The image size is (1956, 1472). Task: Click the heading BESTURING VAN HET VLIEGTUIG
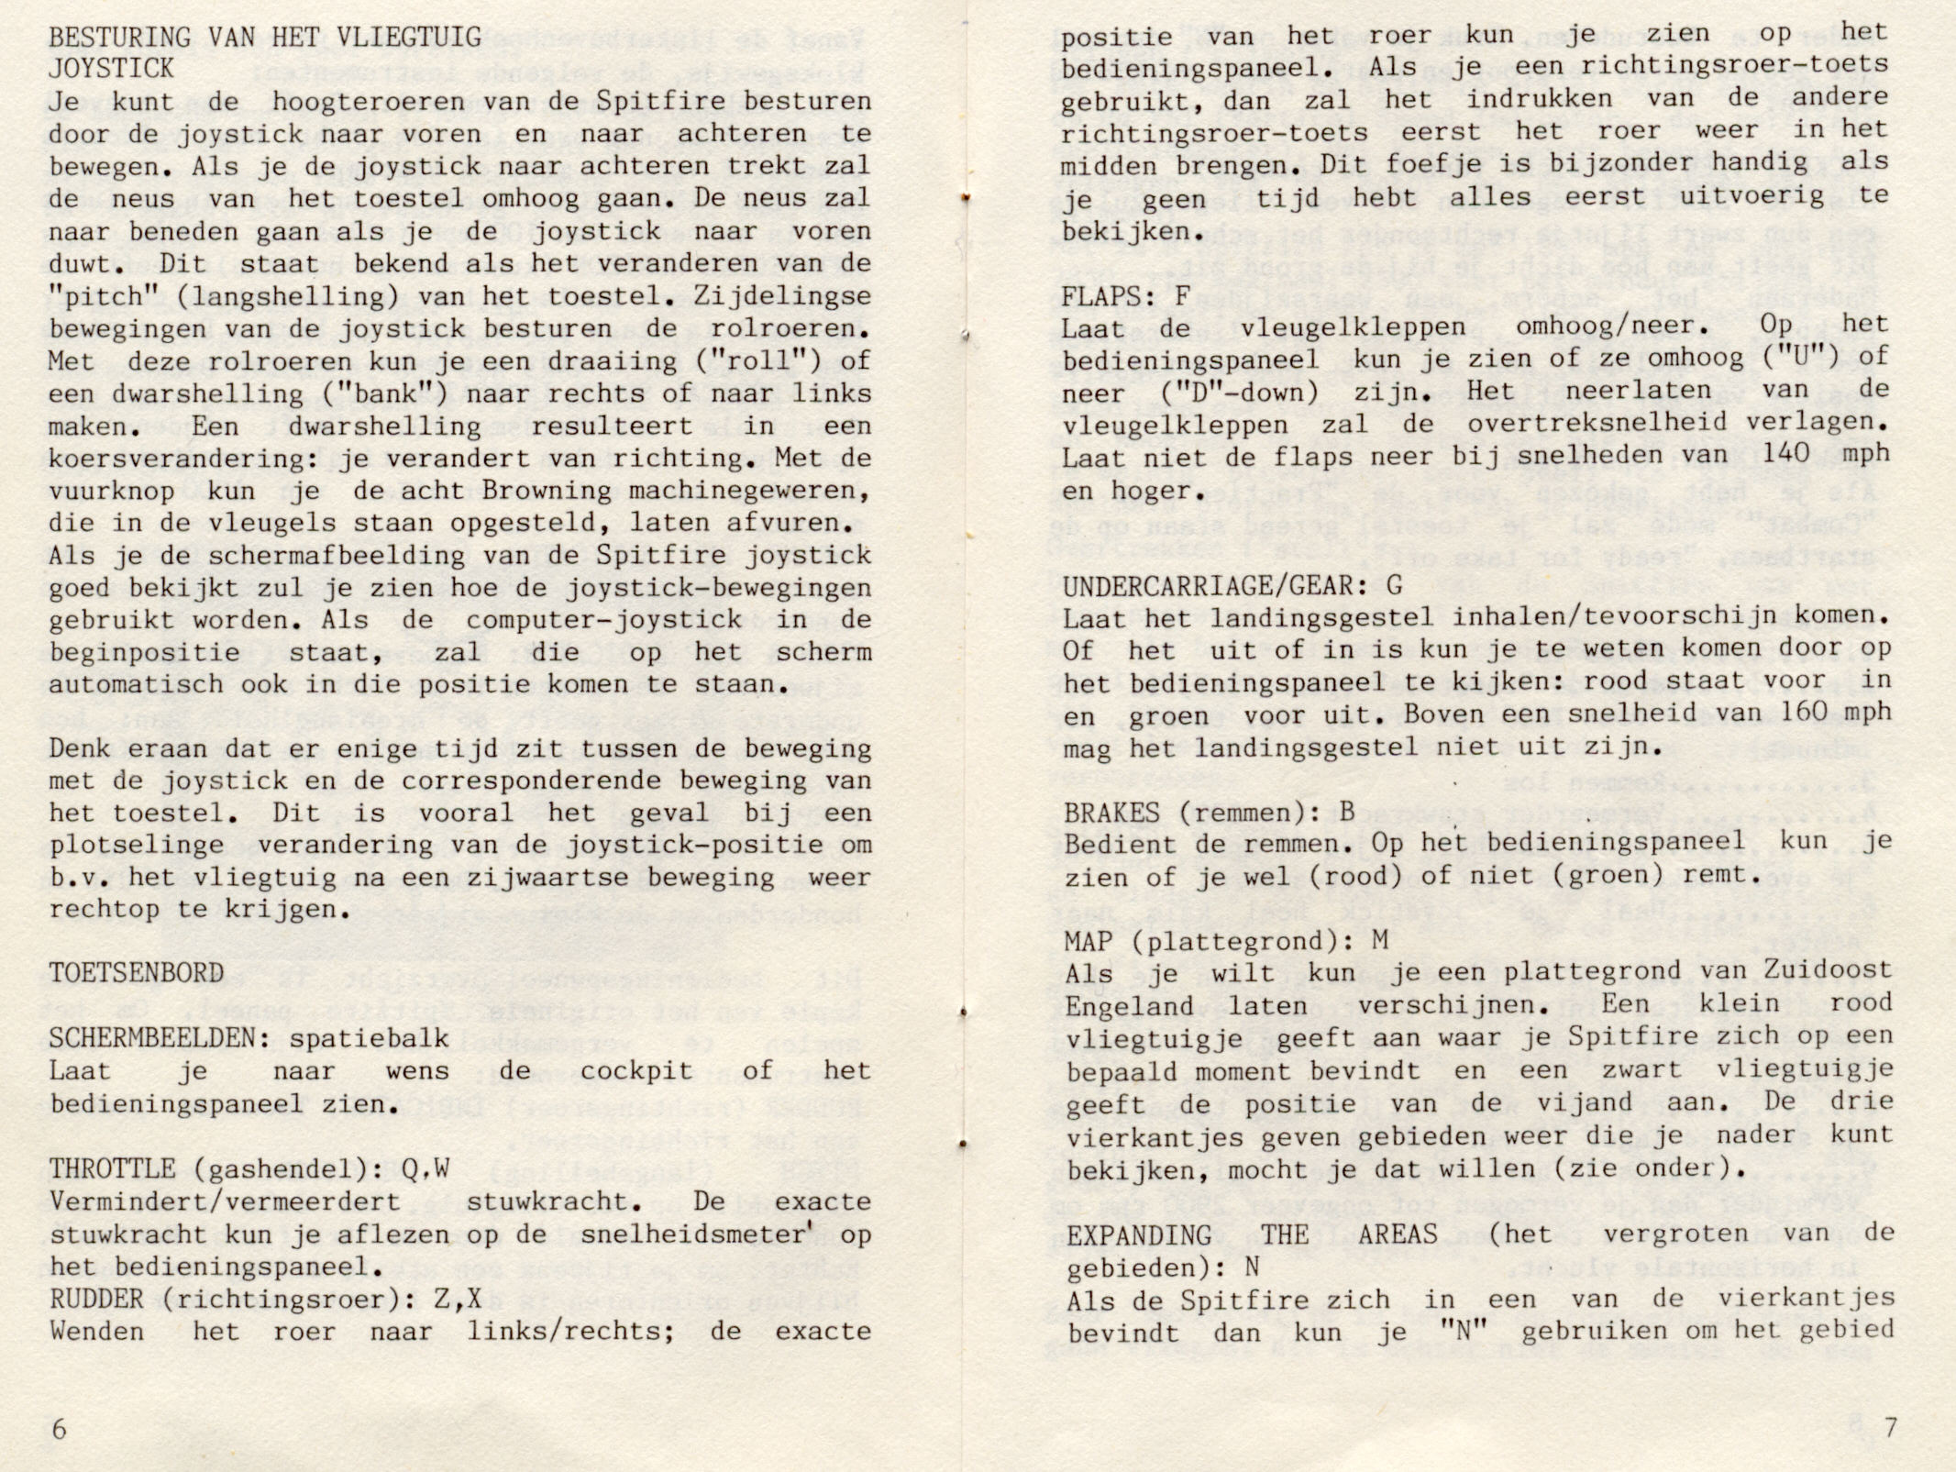tap(265, 38)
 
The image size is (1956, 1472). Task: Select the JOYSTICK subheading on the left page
tap(111, 70)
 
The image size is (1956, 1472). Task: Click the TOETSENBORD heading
tap(137, 973)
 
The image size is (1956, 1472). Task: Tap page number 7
tap(1888, 1428)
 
